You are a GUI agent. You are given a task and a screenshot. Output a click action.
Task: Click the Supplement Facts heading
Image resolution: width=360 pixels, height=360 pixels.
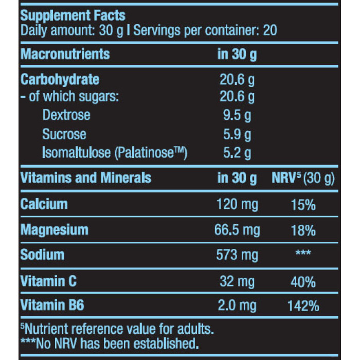point(73,16)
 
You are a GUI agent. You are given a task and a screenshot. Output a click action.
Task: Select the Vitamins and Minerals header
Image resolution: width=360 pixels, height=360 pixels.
point(85,178)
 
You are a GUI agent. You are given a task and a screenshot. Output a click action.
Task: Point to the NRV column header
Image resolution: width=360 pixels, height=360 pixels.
point(303,178)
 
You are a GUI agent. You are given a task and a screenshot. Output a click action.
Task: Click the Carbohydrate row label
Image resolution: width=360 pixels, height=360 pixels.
point(60,80)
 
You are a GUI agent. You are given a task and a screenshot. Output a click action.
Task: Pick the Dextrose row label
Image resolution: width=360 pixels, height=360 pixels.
point(66,115)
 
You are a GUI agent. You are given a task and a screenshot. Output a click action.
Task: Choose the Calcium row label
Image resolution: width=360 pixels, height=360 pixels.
point(44,204)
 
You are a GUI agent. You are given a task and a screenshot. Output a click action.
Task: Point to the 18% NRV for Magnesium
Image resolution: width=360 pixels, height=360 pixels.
point(303,230)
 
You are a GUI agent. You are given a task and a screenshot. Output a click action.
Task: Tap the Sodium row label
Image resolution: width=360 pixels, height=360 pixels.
point(42,255)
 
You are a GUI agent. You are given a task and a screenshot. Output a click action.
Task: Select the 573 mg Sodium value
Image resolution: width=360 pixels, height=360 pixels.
point(237,255)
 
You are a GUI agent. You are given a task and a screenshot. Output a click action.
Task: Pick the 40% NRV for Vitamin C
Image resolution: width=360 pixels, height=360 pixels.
point(303,281)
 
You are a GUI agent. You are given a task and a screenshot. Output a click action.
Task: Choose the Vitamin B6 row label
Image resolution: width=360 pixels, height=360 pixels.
point(51,306)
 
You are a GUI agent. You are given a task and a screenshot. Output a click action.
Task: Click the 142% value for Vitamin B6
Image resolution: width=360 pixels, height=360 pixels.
point(303,306)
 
